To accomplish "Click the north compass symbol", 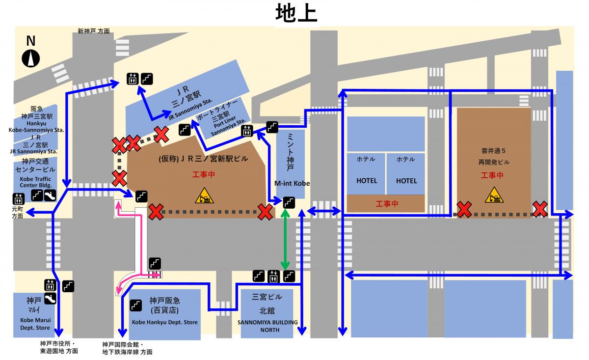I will pyautogui.click(x=31, y=58).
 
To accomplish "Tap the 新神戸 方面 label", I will pyautogui.click(x=93, y=31).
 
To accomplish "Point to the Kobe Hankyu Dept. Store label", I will pyautogui.click(x=164, y=323).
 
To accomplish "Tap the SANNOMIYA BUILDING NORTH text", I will pyautogui.click(x=268, y=326).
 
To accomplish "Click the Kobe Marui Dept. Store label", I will pyautogui.click(x=35, y=324).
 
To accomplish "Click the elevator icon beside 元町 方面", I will pyautogui.click(x=19, y=199).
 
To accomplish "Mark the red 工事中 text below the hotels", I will pyautogui.click(x=386, y=203).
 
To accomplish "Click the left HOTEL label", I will pyautogui.click(x=367, y=181).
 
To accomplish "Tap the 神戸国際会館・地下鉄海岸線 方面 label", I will pyautogui.click(x=127, y=348).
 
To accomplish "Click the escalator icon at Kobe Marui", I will pyautogui.click(x=50, y=298).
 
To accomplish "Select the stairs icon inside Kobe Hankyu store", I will pyautogui.click(x=136, y=305).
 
